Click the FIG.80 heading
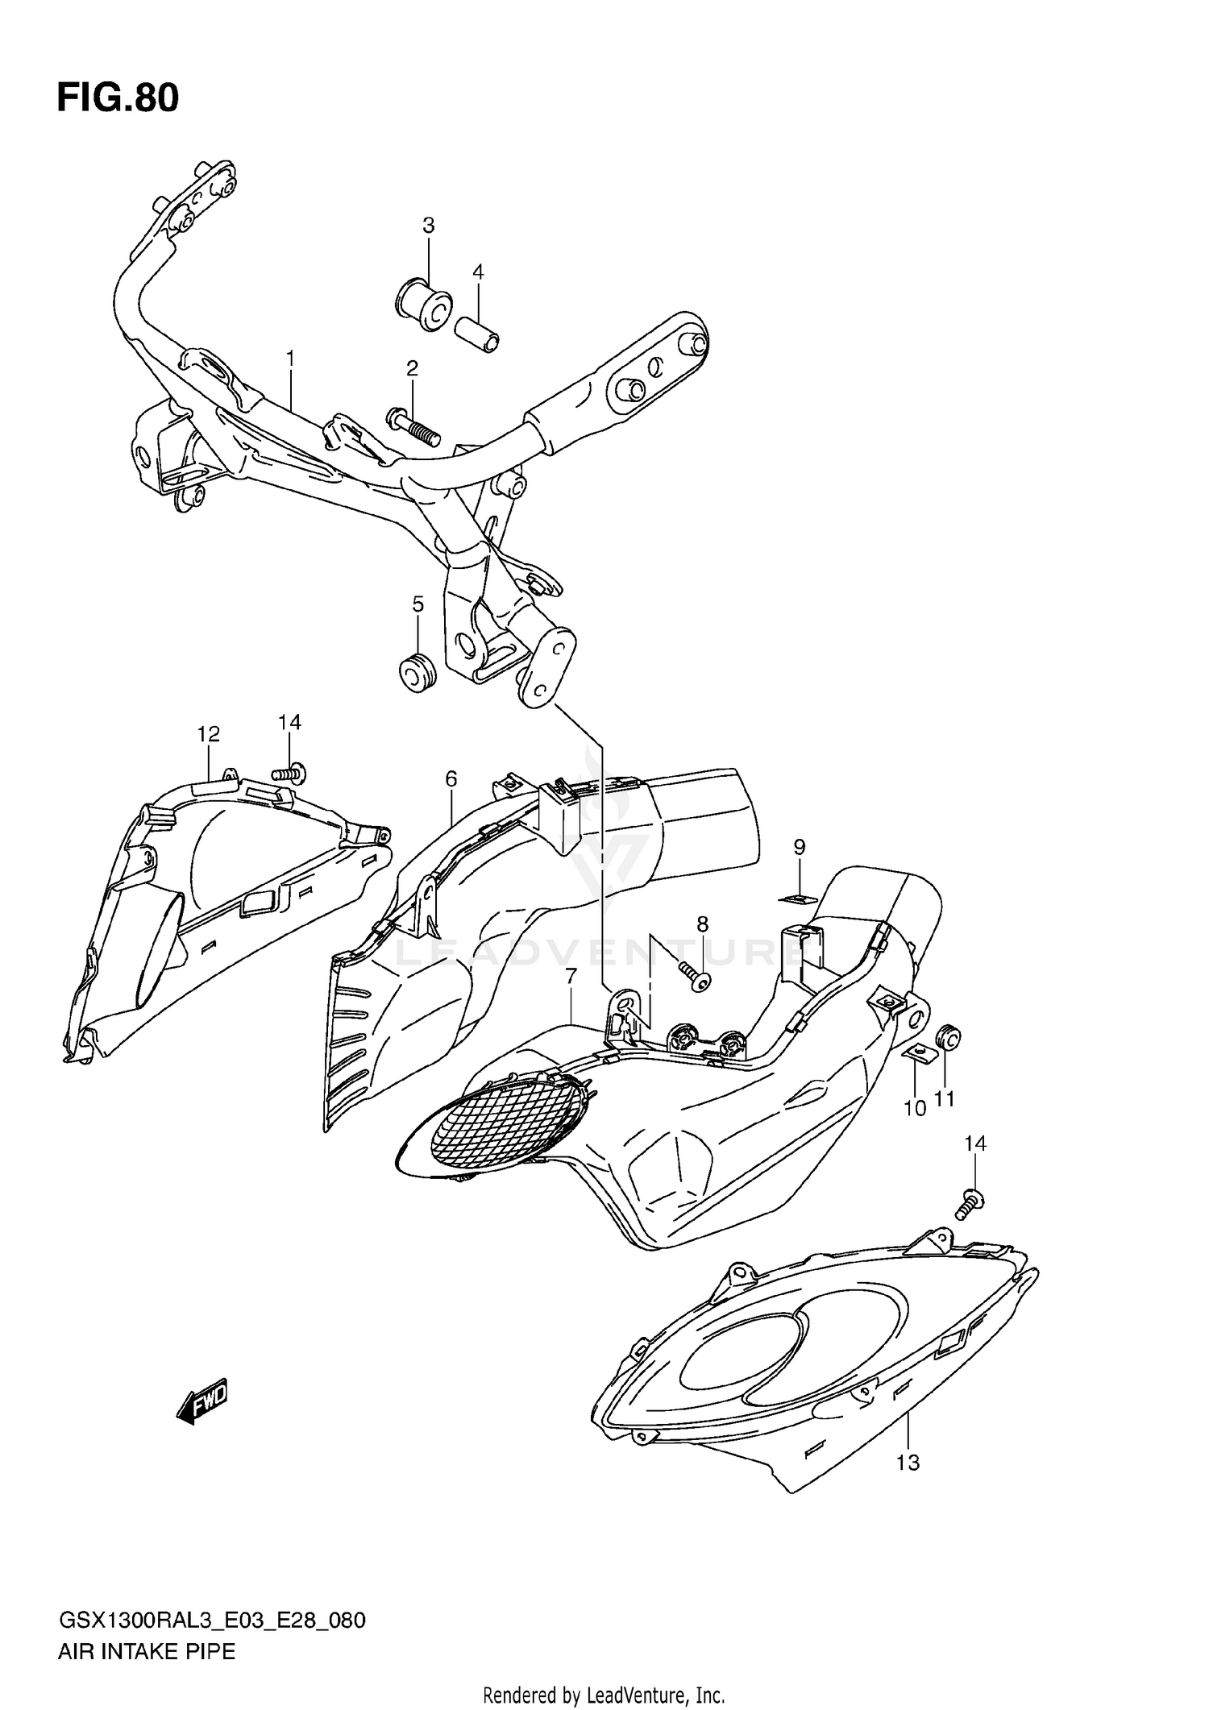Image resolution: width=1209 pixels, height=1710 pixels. tap(118, 98)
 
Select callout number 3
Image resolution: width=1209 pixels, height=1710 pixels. tap(428, 226)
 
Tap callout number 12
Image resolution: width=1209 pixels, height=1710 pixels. tap(208, 734)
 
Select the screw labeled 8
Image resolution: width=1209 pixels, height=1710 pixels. tap(693, 975)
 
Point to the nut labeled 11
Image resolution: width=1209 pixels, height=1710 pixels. tap(948, 1038)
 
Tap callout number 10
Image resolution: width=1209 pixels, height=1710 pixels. tap(915, 1109)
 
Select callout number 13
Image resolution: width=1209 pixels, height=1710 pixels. tap(908, 1485)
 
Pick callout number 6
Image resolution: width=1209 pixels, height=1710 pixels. tap(451, 778)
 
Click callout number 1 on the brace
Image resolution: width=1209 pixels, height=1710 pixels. tap(290, 357)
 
